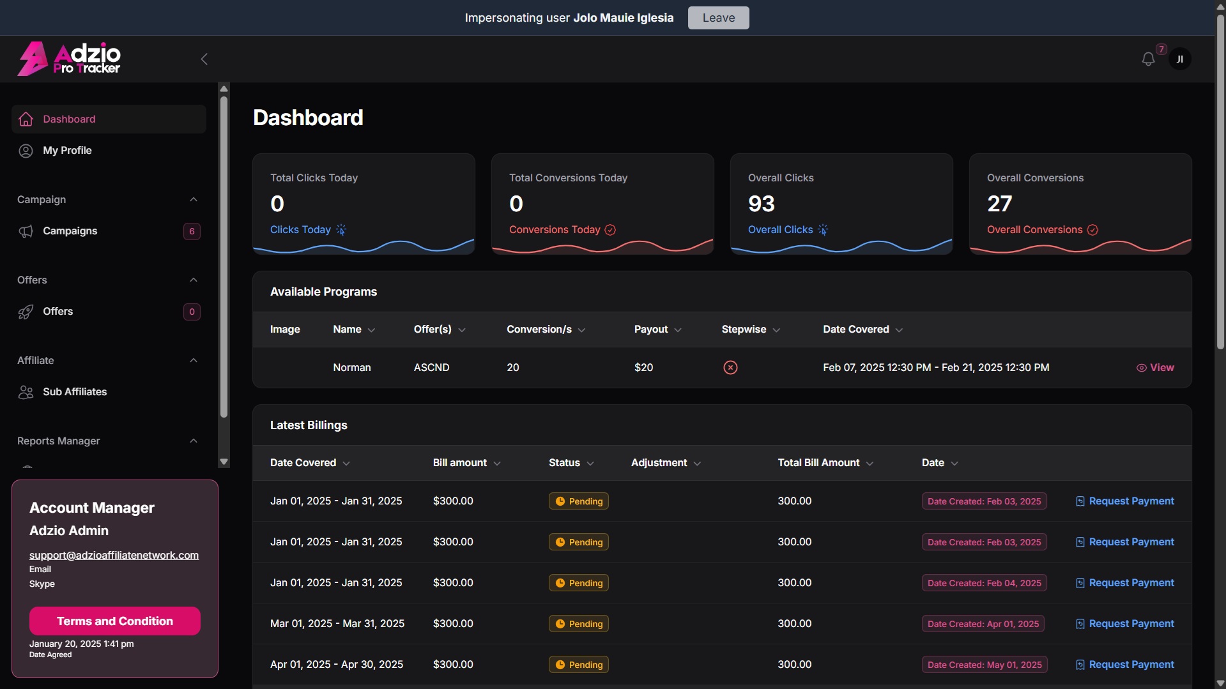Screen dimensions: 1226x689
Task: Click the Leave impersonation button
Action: [x=718, y=18]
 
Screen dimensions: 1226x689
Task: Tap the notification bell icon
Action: [x=1148, y=59]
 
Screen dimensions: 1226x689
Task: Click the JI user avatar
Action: [x=1179, y=59]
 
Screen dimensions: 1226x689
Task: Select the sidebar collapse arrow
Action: [x=204, y=59]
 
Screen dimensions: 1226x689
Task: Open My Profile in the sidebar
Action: [x=67, y=151]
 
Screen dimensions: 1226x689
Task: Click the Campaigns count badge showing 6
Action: [x=192, y=231]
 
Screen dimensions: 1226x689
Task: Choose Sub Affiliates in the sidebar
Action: [x=75, y=392]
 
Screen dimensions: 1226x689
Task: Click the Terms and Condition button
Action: [x=115, y=621]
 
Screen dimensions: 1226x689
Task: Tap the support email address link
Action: [x=114, y=556]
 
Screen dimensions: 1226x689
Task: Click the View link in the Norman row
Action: [x=1155, y=368]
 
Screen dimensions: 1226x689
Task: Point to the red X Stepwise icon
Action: [x=730, y=368]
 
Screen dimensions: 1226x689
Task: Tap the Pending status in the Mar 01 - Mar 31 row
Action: [x=579, y=624]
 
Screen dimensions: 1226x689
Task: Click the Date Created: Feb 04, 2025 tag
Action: [x=985, y=583]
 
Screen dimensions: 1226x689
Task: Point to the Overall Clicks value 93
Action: [x=762, y=204]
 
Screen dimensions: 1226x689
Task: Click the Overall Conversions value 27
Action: [x=1000, y=204]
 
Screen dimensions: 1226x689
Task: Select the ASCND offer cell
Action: [x=432, y=368]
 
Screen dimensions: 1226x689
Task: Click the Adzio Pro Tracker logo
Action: [x=69, y=59]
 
